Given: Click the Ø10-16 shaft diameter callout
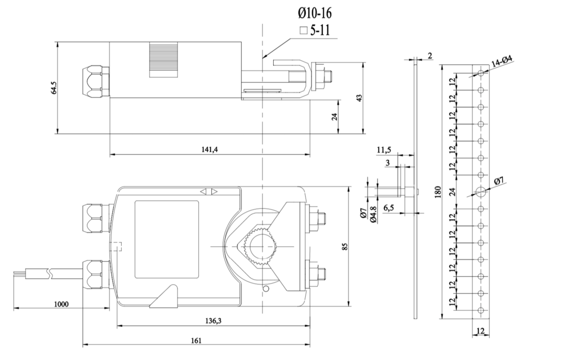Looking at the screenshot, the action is click(x=315, y=13).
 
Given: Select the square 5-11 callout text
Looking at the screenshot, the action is click(x=315, y=31).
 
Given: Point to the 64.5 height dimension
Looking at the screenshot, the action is click(x=54, y=88).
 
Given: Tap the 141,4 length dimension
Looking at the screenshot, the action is click(x=210, y=149).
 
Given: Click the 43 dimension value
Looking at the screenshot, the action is click(x=359, y=98).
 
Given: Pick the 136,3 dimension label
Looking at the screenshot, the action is click(x=213, y=320).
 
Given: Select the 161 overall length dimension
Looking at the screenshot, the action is click(x=196, y=340).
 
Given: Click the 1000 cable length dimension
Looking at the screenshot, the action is click(x=61, y=304).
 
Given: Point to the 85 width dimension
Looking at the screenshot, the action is click(x=345, y=247).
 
